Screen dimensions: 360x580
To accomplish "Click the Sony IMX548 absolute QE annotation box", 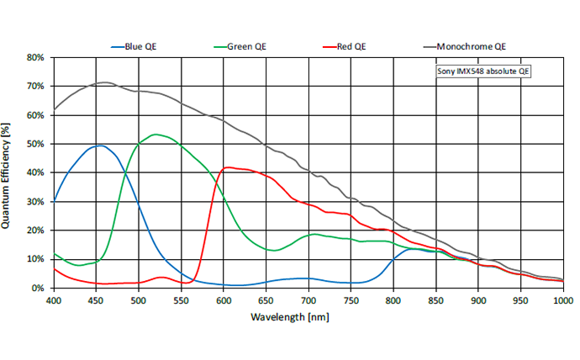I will coord(484,72).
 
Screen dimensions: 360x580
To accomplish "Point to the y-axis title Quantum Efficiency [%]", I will coord(7,175).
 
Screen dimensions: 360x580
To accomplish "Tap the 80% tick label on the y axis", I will coord(35,58).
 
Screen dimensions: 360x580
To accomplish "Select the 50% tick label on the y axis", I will coord(35,145).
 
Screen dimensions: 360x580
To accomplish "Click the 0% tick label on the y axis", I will coord(38,289).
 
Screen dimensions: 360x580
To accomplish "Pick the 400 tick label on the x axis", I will coord(54,299).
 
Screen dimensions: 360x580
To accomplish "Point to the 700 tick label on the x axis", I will coord(308,299).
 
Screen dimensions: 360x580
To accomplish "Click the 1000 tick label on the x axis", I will coord(562,299).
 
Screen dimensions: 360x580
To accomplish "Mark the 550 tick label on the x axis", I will coord(182,299).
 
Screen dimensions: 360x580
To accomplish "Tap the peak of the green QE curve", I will coord(156,134).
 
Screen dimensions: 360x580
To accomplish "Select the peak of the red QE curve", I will coord(226,167).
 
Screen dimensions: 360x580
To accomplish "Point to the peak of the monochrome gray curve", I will coord(104,82).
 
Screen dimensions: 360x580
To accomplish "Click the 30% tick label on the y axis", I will coord(35,202).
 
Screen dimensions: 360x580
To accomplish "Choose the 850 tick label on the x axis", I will coord(436,299).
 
